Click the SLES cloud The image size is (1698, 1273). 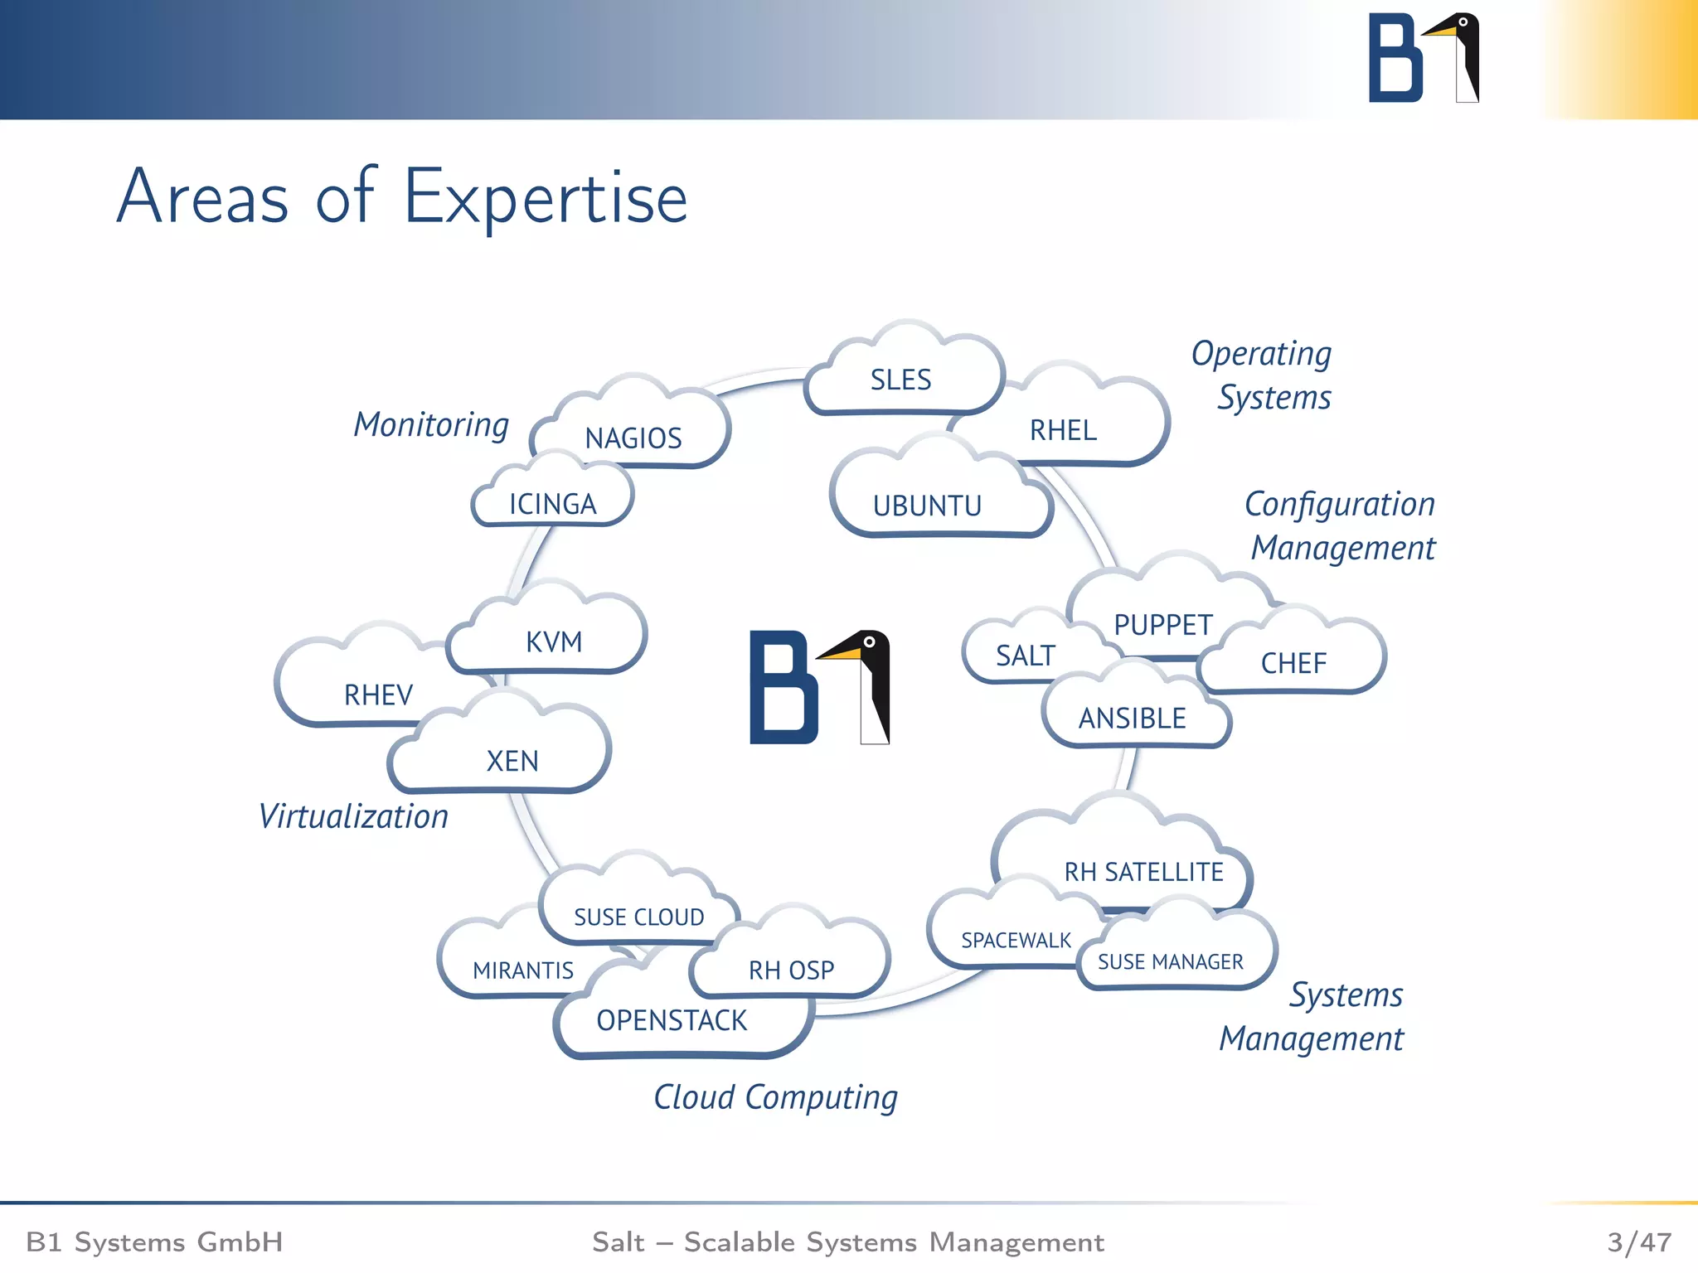tap(901, 380)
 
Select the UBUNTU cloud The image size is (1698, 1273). tap(927, 505)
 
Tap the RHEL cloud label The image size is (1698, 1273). tap(1063, 430)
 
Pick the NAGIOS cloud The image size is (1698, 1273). tap(633, 438)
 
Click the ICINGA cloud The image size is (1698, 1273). tap(552, 504)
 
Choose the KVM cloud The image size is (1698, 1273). tap(554, 641)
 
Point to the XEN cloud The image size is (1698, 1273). tap(512, 760)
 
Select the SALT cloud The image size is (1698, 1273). tap(1025, 656)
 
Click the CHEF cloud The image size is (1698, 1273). tap(1293, 663)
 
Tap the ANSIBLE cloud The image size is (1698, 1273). tap(1132, 718)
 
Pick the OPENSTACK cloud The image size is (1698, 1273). tap(672, 1020)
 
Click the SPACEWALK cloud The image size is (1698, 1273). tap(1016, 940)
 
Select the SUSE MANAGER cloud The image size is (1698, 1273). tap(1170, 961)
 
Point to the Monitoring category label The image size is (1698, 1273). tap(431, 425)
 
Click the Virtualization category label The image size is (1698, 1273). tap(353, 817)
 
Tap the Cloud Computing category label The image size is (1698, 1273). tap(775, 1098)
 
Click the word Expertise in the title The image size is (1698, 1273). tap(546, 199)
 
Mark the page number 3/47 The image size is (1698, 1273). tap(1638, 1242)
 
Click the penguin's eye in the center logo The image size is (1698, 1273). tap(869, 642)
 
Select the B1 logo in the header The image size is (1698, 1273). tap(1423, 58)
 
